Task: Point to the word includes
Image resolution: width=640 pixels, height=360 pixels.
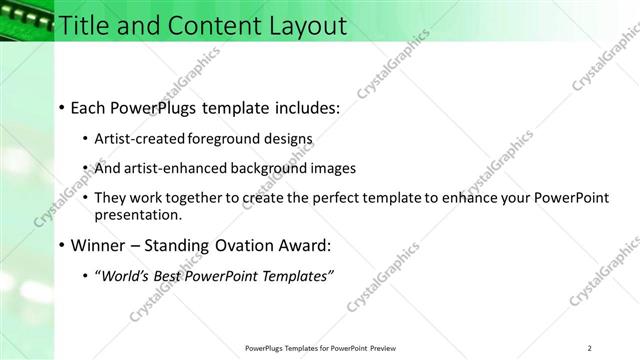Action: [x=304, y=107]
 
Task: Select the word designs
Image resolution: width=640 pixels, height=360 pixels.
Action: [x=293, y=138]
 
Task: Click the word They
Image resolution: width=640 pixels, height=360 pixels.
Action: [x=111, y=198]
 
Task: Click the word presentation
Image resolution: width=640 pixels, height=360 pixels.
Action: [x=138, y=214]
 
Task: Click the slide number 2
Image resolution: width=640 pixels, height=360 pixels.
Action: [x=590, y=348]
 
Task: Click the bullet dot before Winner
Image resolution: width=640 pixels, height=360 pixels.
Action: [x=62, y=245]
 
